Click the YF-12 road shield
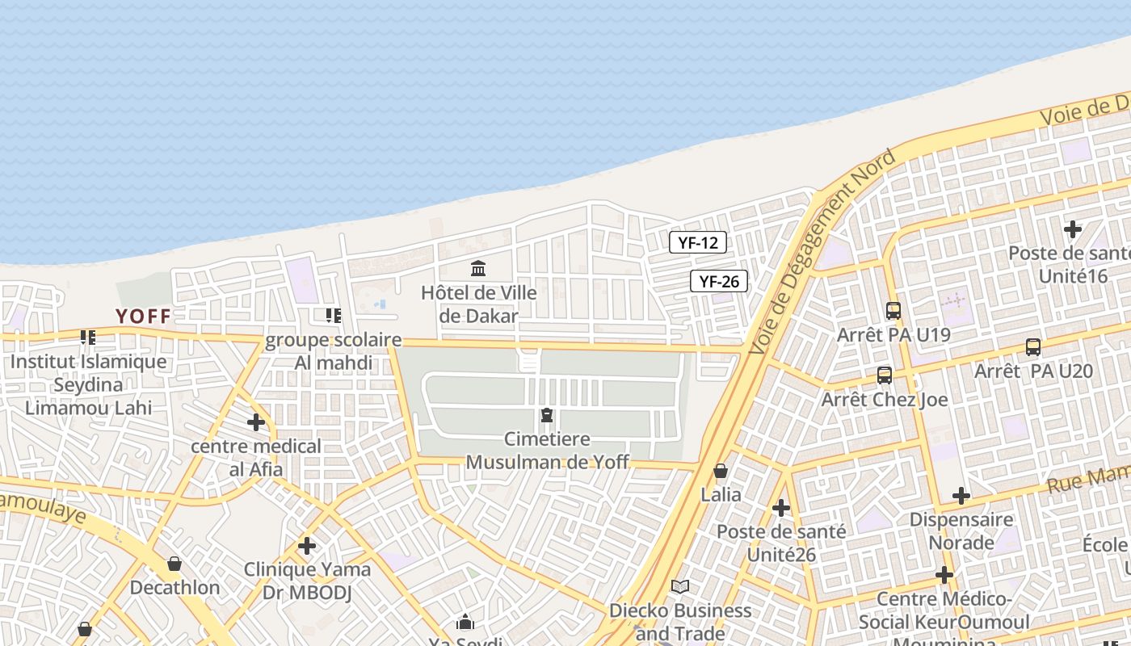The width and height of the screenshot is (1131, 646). [x=698, y=242]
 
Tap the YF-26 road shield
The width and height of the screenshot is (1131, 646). [x=718, y=281]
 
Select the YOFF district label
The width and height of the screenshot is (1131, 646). [x=143, y=316]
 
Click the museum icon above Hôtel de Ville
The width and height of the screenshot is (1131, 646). [x=478, y=267]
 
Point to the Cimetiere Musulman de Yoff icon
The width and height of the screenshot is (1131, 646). [x=547, y=416]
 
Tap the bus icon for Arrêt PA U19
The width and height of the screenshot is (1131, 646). [x=893, y=310]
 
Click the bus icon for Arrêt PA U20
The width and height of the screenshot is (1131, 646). [x=1032, y=347]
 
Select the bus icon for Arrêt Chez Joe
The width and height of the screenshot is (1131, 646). [x=885, y=375]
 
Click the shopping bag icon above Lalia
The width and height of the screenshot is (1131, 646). [x=721, y=471]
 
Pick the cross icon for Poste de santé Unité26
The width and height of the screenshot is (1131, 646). [x=781, y=508]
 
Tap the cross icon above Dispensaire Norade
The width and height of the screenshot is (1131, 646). [x=961, y=495]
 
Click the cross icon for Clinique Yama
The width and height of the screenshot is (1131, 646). [x=307, y=546]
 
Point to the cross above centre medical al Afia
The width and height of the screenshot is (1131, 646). [x=256, y=422]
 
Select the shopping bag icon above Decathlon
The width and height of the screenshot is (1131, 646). [x=174, y=564]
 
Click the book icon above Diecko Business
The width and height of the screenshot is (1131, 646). [x=680, y=587]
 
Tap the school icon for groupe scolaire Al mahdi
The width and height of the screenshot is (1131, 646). [x=333, y=316]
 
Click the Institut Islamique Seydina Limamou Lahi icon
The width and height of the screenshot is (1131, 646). [x=87, y=338]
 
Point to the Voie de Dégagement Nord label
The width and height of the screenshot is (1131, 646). [x=822, y=252]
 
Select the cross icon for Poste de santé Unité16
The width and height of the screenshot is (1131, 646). [x=1072, y=229]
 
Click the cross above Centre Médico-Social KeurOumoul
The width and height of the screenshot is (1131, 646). [x=944, y=575]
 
